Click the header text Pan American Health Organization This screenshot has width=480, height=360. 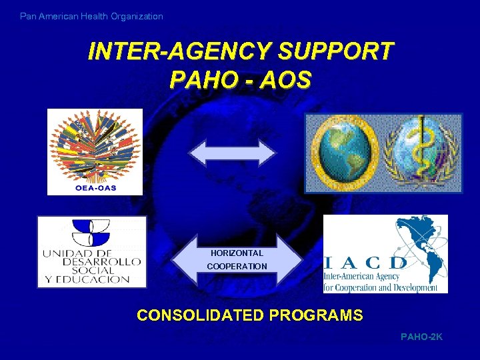[91, 16]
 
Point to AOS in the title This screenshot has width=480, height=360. [286, 80]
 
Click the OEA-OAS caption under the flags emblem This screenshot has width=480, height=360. [95, 187]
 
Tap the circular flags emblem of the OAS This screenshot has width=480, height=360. [95, 147]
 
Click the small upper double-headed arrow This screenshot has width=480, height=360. [232, 153]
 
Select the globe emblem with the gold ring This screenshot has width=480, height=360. [345, 152]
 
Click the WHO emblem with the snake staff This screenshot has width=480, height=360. [421, 152]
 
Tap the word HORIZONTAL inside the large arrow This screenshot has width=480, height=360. [237, 253]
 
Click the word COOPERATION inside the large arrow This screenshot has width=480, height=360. [237, 267]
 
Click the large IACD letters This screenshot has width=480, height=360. [365, 262]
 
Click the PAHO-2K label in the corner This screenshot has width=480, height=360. [421, 337]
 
